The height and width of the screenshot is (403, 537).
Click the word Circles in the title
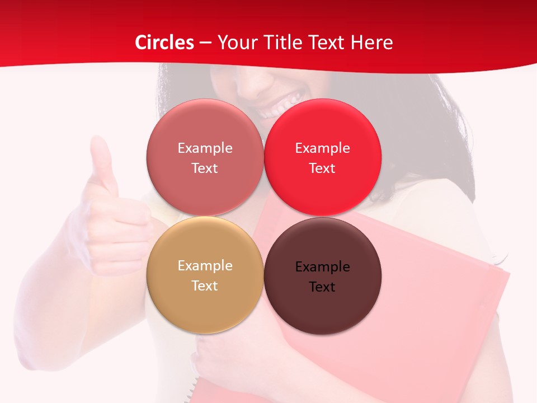[164, 43]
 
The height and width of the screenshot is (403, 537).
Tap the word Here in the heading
[372, 43]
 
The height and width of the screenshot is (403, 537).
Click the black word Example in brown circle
[322, 267]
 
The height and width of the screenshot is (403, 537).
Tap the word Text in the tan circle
[205, 285]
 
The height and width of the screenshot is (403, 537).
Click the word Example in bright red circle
[322, 148]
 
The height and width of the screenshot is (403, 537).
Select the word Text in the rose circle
[205, 168]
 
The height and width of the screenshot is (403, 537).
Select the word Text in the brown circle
[322, 287]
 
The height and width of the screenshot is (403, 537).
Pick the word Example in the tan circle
[205, 266]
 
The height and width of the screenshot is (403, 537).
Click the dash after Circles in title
[205, 43]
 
